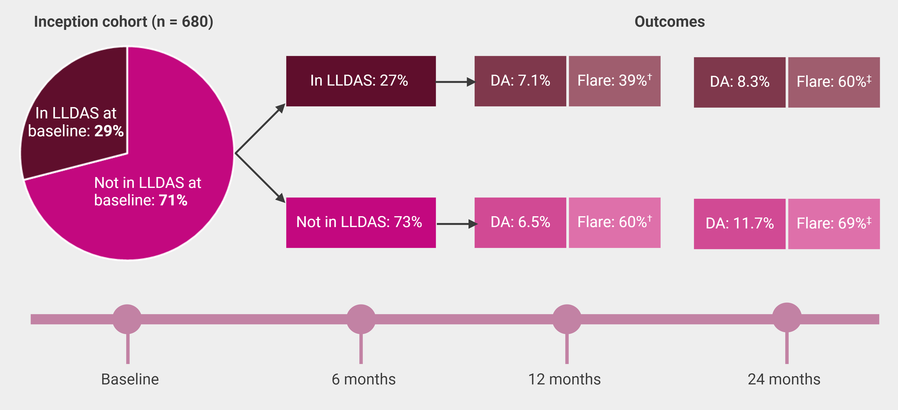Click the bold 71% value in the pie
click(x=173, y=200)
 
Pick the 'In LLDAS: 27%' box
click(x=361, y=81)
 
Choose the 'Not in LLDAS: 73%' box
click(x=361, y=223)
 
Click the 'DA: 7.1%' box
click(x=520, y=81)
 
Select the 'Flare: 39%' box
click(x=615, y=81)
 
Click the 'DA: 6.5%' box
click(x=520, y=223)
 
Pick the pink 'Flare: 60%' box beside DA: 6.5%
click(x=615, y=223)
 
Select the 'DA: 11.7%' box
click(x=739, y=224)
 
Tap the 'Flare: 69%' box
click(x=834, y=224)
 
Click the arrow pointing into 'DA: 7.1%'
click(x=455, y=82)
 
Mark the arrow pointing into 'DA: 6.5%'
click(x=457, y=224)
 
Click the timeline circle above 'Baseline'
click(x=127, y=319)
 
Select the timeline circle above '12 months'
click(x=567, y=319)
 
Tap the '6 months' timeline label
click(x=364, y=379)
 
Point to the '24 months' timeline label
click(x=784, y=379)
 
